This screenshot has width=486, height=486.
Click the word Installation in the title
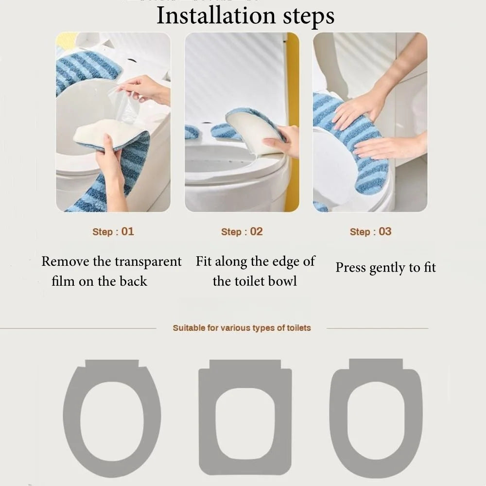(216, 16)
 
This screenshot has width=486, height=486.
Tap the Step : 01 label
(113, 231)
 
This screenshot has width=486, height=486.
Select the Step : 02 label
(242, 231)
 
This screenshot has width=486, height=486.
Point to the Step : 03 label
(371, 231)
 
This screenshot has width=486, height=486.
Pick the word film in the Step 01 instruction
(63, 281)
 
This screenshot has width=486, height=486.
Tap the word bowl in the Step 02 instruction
(282, 281)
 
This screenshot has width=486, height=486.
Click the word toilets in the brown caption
(299, 328)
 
